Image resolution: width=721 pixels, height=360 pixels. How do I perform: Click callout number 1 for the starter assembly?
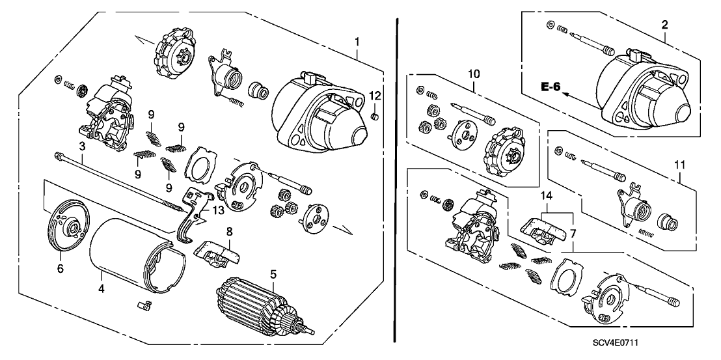pyautogui.click(x=357, y=42)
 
